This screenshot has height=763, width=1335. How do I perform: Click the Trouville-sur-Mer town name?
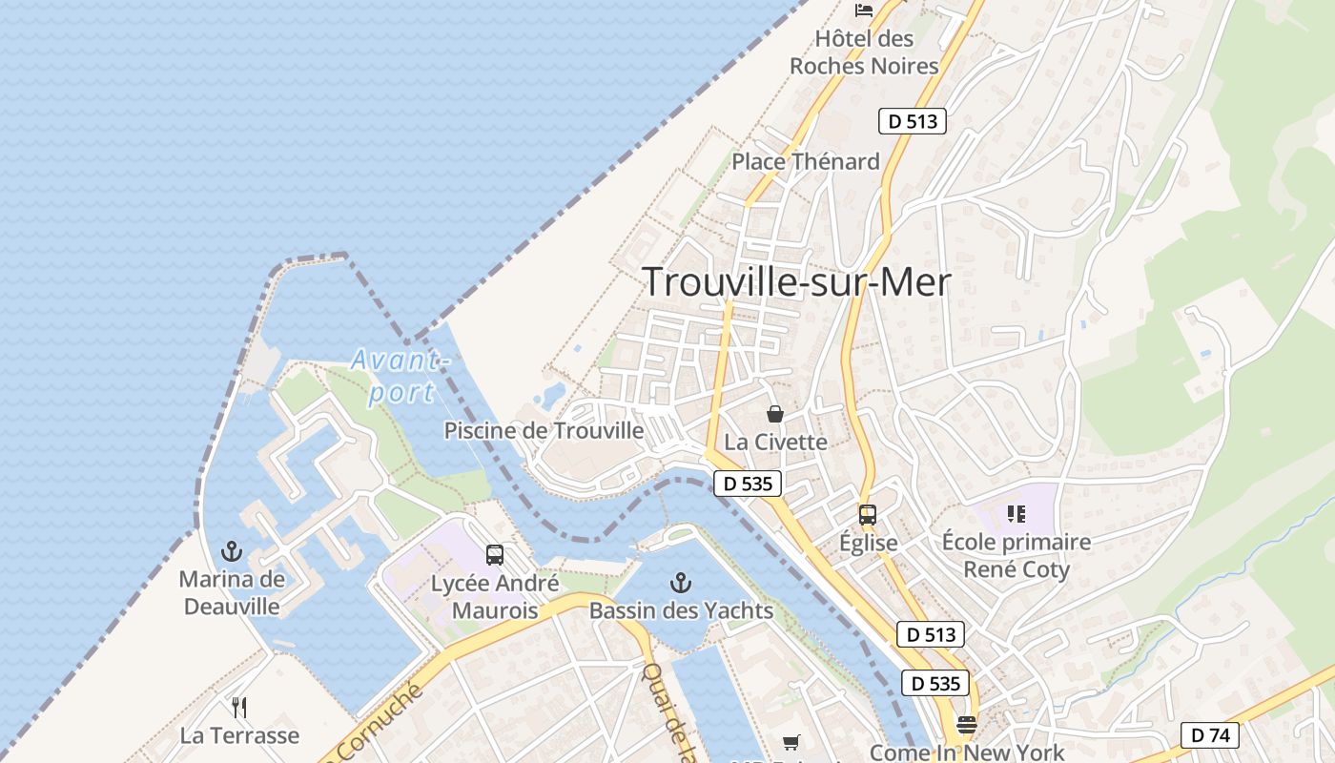(x=796, y=282)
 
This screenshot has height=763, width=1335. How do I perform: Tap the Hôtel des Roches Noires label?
(x=864, y=52)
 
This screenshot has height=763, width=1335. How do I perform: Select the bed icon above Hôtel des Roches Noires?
(x=864, y=10)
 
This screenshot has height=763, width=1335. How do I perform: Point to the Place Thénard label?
(x=805, y=161)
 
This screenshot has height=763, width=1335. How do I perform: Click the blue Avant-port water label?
(x=399, y=376)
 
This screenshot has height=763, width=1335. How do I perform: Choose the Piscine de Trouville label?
(x=544, y=430)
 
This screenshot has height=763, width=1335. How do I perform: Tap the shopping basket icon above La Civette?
(x=775, y=414)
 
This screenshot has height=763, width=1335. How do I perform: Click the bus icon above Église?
(x=867, y=515)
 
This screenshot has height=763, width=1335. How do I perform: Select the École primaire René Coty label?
(x=1016, y=555)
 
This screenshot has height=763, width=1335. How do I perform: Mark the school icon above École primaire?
(x=1016, y=514)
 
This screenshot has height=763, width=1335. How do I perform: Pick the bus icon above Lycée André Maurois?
(x=494, y=554)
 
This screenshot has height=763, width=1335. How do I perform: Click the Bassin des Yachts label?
(x=681, y=610)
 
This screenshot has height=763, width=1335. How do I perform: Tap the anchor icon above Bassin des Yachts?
(x=680, y=581)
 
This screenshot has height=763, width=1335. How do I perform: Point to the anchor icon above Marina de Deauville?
(x=231, y=550)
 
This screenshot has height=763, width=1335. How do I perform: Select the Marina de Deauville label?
(x=232, y=592)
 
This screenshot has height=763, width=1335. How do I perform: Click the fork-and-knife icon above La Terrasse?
(x=239, y=707)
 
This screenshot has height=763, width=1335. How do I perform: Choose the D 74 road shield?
(x=1209, y=734)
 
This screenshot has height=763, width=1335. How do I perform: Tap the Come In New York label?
(x=967, y=753)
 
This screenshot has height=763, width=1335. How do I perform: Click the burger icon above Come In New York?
(x=967, y=725)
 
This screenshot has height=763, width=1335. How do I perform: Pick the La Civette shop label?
(x=775, y=442)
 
